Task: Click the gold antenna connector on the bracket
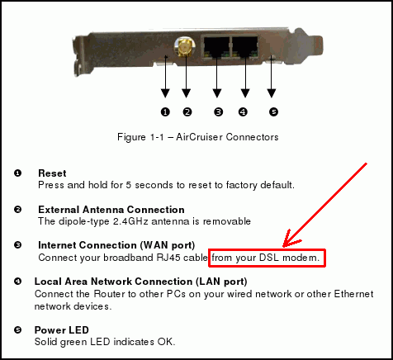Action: coord(185,47)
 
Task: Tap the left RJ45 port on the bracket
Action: coord(216,47)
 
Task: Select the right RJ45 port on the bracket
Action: coord(245,47)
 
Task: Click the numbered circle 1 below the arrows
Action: coord(165,112)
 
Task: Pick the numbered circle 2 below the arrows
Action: coord(187,112)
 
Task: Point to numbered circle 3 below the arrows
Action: coord(218,112)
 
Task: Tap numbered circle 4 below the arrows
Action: coord(243,112)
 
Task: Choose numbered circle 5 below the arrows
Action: coord(273,112)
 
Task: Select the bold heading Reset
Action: coord(52,173)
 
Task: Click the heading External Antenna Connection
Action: coord(111,210)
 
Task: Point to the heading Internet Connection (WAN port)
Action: coord(116,245)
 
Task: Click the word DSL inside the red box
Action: coord(269,258)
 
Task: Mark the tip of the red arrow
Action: coord(283,247)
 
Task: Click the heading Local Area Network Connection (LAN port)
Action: coord(140,282)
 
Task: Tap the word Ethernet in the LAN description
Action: coord(353,294)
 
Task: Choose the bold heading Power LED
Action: coord(62,330)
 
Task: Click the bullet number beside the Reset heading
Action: coord(17,173)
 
